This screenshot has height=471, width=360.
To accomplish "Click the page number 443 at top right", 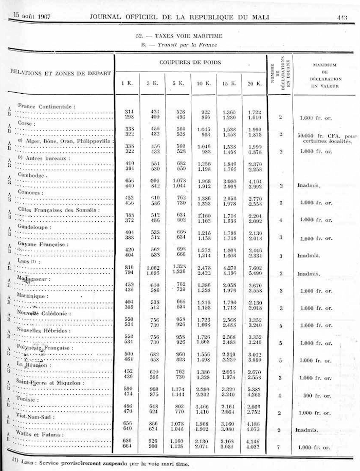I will [342, 17].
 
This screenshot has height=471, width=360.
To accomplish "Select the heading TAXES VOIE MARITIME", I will [178, 36].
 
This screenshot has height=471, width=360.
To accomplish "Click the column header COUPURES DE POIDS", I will [190, 63].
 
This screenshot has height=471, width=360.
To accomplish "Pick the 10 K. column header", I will [203, 83].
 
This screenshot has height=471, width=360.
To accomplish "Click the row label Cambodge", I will [33, 175].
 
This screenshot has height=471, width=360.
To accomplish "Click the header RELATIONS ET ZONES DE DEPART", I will [61, 73].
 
